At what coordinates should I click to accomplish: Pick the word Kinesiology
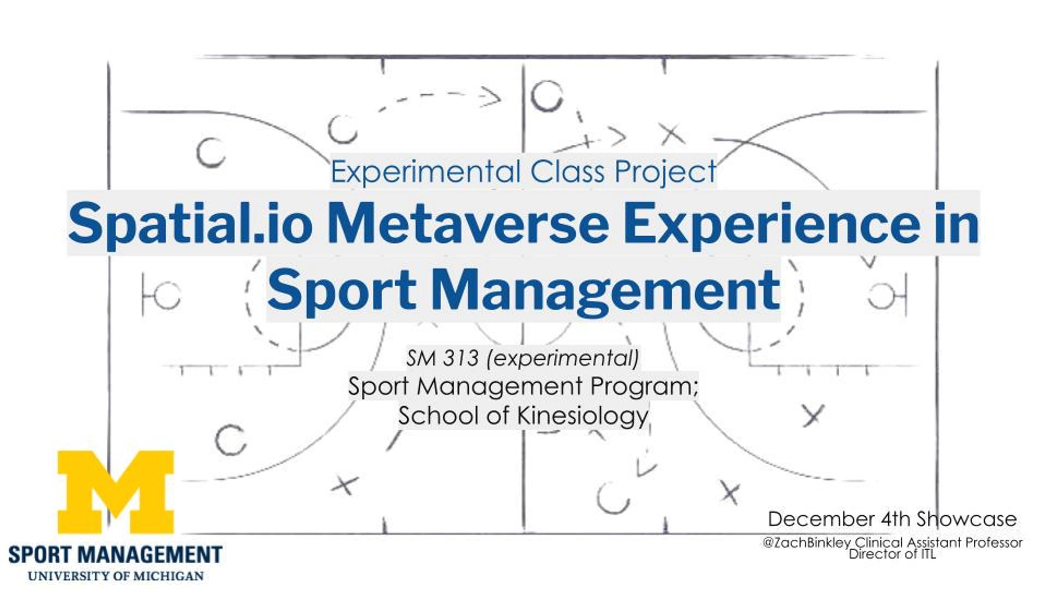coord(582,415)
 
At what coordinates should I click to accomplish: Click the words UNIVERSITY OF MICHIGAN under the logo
coord(116,576)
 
